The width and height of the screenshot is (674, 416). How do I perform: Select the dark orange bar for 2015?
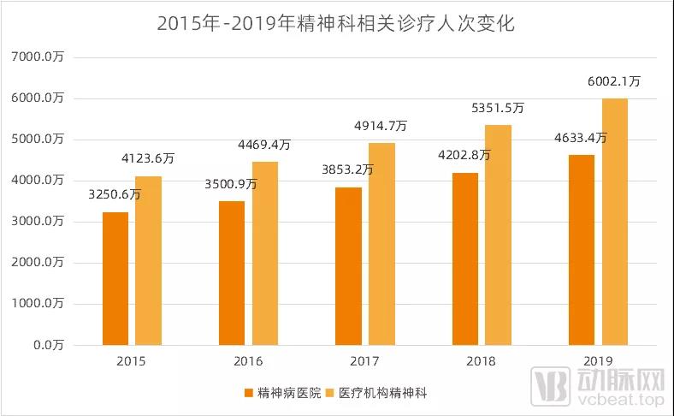[x=115, y=278]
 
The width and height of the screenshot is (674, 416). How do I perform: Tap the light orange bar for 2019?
[x=614, y=222]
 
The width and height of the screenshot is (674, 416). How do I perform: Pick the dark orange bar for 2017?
[x=348, y=266]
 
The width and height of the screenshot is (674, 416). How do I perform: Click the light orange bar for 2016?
[x=264, y=253]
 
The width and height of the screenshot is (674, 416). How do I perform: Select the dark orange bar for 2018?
[x=465, y=259]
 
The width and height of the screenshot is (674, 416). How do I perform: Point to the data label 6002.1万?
[x=614, y=82]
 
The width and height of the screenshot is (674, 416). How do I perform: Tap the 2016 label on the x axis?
[x=249, y=361]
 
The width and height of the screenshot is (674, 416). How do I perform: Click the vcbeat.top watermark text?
[x=622, y=400]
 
